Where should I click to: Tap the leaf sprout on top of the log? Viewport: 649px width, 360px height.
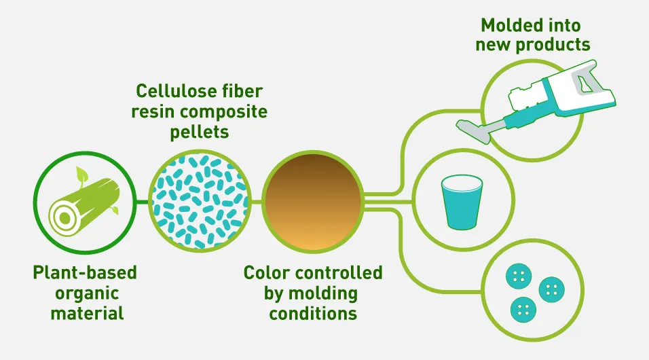(x=82, y=175)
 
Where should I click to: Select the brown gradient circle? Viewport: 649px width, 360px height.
(x=314, y=202)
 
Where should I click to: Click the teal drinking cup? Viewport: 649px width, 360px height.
(x=462, y=202)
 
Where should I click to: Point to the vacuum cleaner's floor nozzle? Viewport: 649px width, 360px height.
(x=472, y=129)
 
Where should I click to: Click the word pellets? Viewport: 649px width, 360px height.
(x=199, y=132)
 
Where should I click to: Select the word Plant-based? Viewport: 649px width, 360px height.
(x=85, y=272)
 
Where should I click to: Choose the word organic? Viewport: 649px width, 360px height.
(x=87, y=293)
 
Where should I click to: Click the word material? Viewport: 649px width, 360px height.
(x=87, y=313)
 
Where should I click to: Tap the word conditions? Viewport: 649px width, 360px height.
(x=313, y=313)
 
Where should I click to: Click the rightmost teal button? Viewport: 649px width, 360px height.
(x=552, y=289)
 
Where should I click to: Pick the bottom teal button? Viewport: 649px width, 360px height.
(x=523, y=309)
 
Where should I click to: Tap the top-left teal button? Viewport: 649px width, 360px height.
(x=519, y=276)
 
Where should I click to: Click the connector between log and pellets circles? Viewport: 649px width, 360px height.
(x=142, y=202)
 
